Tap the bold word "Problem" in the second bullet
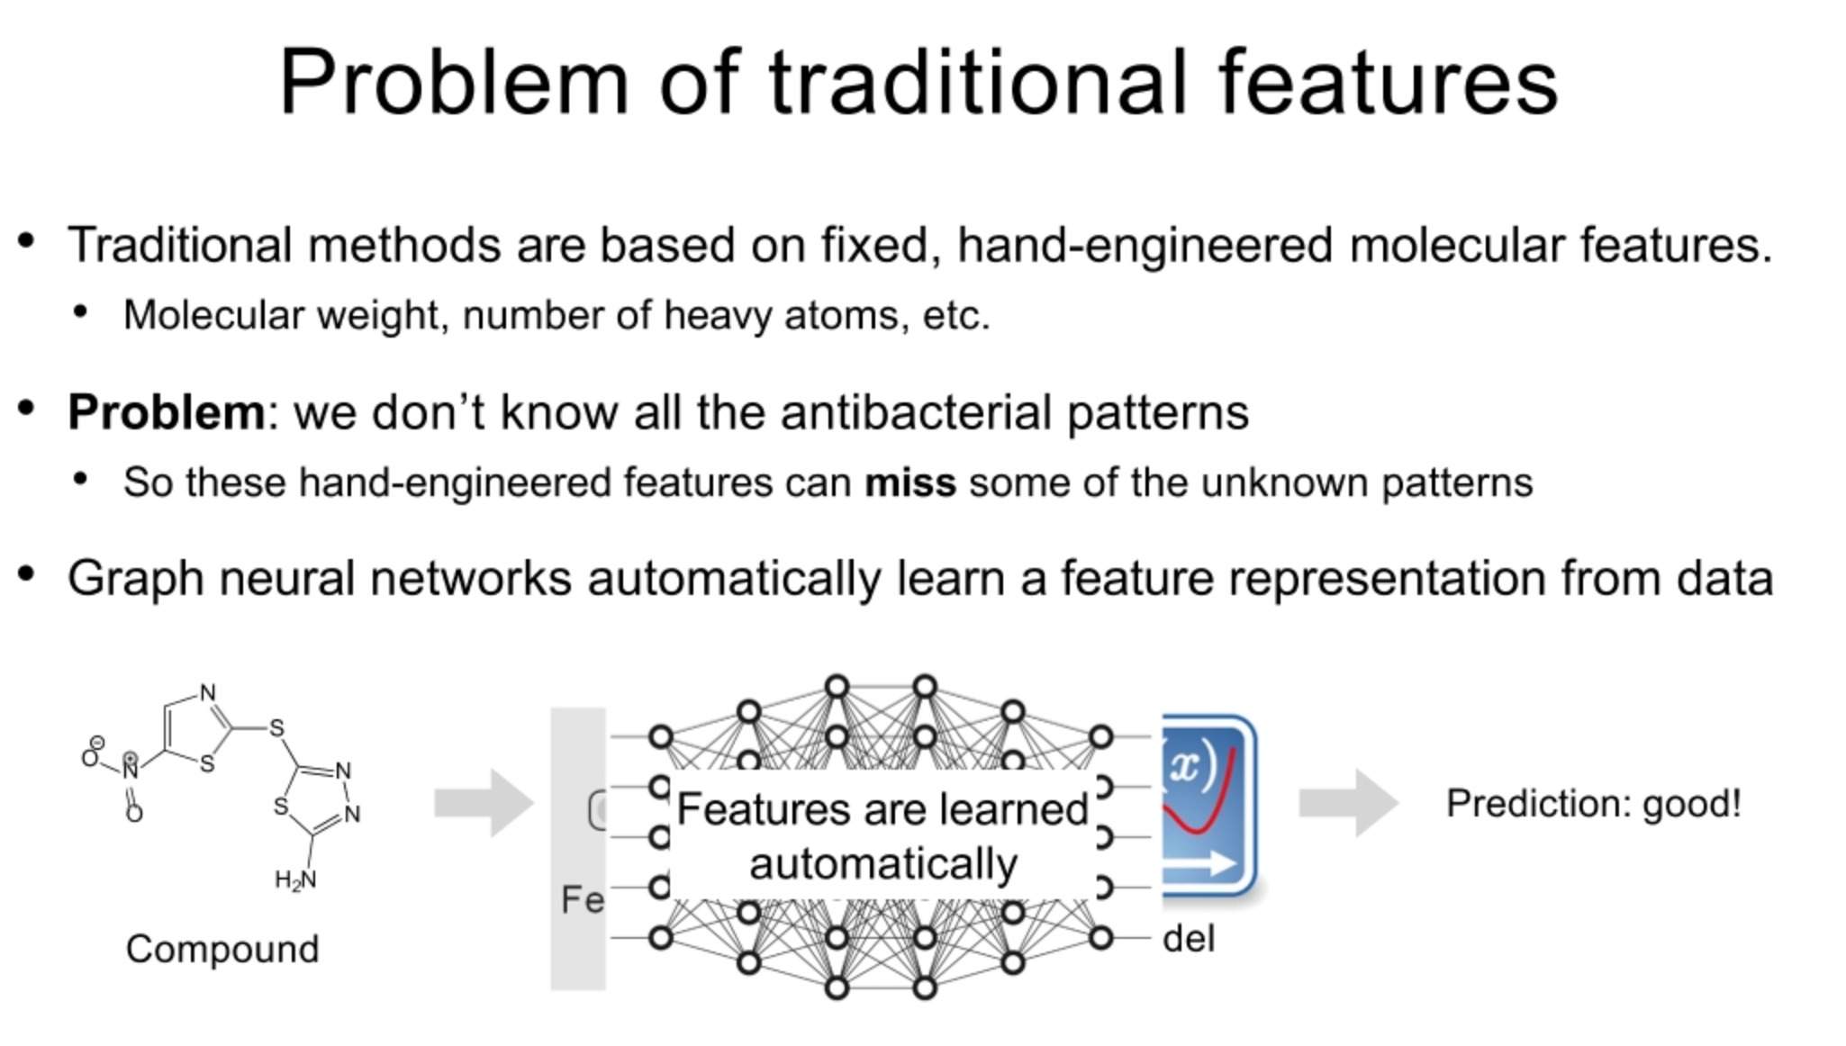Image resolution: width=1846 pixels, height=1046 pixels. pyautogui.click(x=166, y=412)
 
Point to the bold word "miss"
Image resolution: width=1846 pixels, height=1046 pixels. pyautogui.click(x=909, y=482)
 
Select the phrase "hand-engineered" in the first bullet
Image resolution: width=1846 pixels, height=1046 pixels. pyautogui.click(x=1144, y=245)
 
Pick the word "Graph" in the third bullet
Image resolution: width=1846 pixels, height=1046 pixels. pyautogui.click(x=135, y=578)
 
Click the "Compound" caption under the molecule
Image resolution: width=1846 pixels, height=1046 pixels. pyautogui.click(x=222, y=949)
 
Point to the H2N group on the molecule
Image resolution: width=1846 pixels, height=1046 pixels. pyautogui.click(x=295, y=879)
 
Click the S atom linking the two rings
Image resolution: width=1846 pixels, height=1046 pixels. pyautogui.click(x=276, y=728)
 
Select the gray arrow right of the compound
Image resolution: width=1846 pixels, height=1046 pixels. pyautogui.click(x=484, y=802)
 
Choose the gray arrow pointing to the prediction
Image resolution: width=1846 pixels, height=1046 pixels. pyautogui.click(x=1348, y=802)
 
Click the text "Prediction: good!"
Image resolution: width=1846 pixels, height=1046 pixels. pyautogui.click(x=1593, y=803)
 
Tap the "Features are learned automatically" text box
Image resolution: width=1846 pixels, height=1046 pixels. pyautogui.click(x=882, y=835)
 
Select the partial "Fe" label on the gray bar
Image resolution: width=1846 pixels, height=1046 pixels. pyautogui.click(x=582, y=899)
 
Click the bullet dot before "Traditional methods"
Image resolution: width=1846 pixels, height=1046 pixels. pyautogui.click(x=26, y=240)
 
